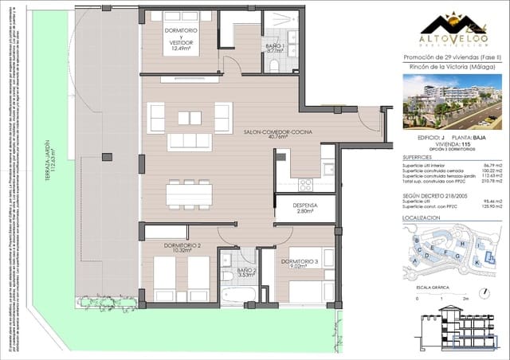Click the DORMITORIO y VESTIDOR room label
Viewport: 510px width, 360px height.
click(x=182, y=37)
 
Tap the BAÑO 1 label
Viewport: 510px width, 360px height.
click(x=275, y=49)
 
